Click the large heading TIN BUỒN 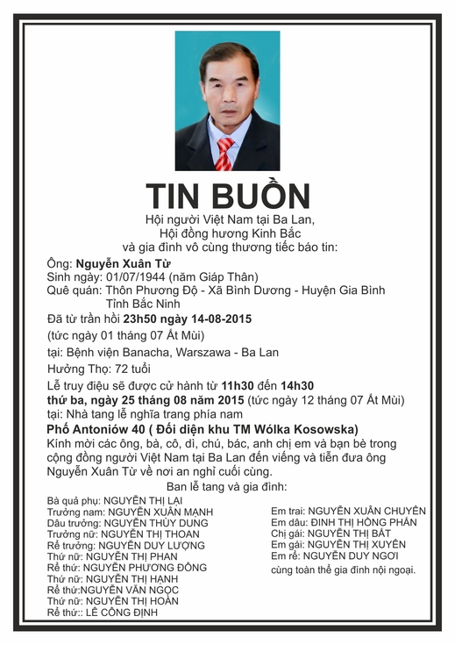click(x=228, y=196)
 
